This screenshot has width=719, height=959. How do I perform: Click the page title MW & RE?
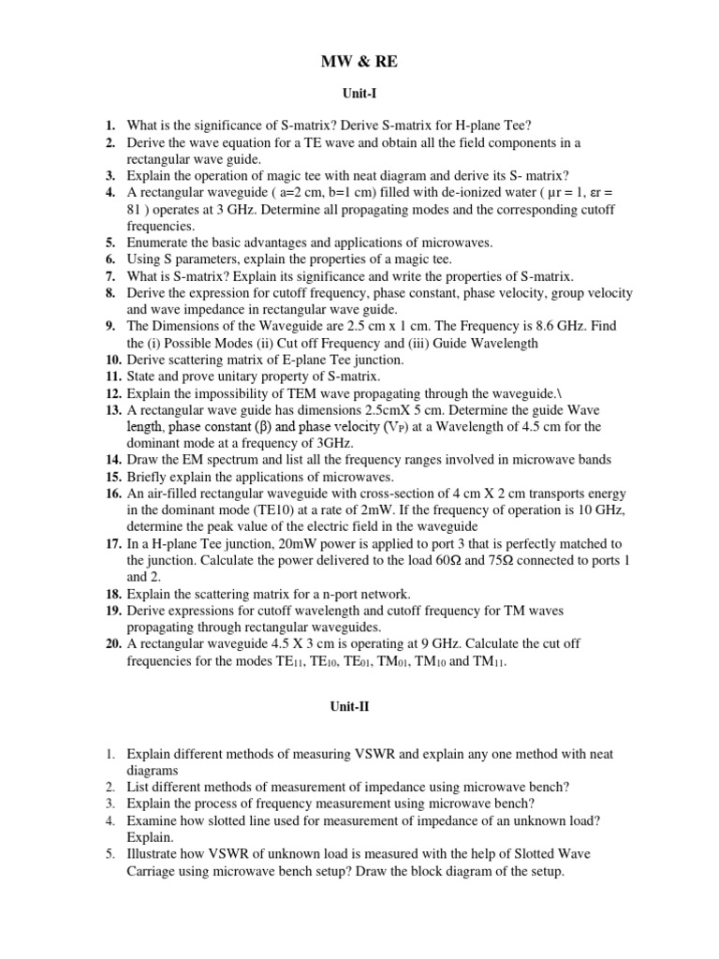[360, 63]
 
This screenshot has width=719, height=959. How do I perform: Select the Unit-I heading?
[359, 95]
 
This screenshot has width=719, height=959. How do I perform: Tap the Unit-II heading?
[359, 707]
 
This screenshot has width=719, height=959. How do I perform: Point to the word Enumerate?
[160, 242]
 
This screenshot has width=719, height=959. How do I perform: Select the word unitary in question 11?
[231, 376]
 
